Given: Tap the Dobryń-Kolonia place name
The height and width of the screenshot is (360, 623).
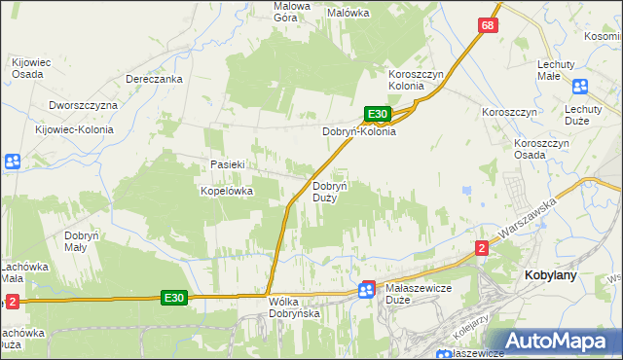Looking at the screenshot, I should point(359,131).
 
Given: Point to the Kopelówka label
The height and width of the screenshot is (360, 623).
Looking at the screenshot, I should point(227,192).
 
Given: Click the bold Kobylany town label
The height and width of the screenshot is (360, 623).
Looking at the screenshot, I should point(551,275).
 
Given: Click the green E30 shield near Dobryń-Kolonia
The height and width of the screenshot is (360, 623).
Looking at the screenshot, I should point(379,114).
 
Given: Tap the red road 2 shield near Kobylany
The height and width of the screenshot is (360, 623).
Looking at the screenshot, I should point(481,248).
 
